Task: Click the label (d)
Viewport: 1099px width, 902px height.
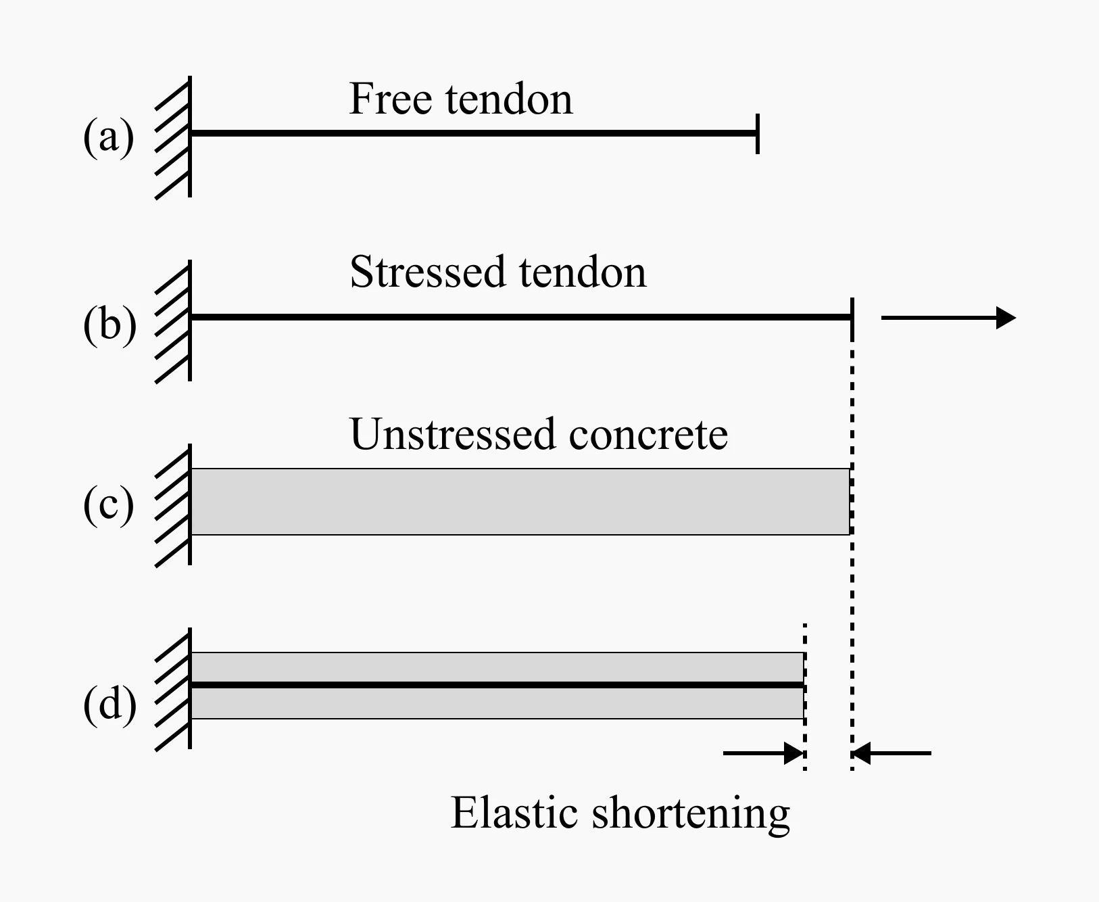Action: (109, 704)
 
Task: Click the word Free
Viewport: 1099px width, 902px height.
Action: (390, 99)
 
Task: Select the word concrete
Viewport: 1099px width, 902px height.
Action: (648, 434)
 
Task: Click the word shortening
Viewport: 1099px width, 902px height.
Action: (691, 813)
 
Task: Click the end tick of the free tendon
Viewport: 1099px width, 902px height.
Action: (758, 133)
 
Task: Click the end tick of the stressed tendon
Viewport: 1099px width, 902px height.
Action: (852, 317)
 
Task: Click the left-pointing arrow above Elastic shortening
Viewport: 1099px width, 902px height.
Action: (892, 753)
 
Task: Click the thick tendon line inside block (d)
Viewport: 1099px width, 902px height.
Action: (497, 686)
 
